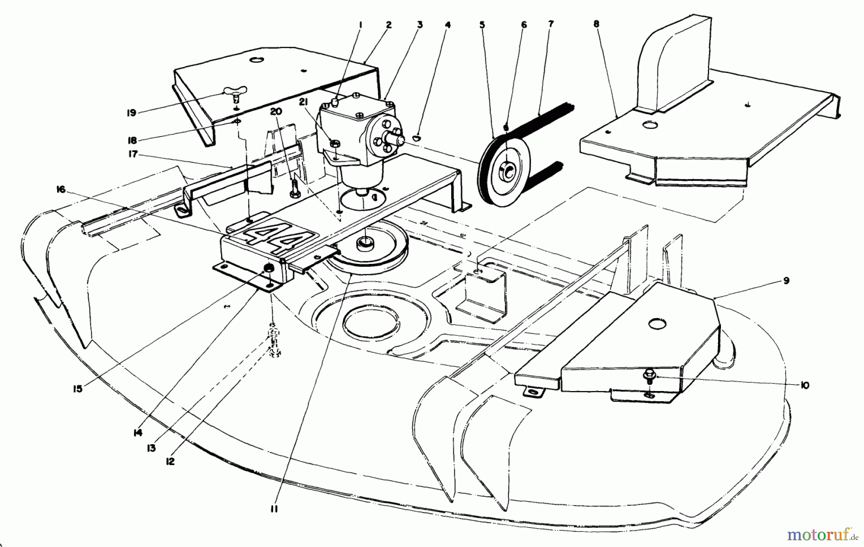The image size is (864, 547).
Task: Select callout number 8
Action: point(596,24)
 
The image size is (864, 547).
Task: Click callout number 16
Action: point(60,190)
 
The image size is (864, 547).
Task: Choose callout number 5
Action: point(482,24)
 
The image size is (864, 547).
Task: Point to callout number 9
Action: point(787,281)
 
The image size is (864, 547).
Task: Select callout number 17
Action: point(133,154)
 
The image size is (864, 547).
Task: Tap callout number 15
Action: point(78,389)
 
